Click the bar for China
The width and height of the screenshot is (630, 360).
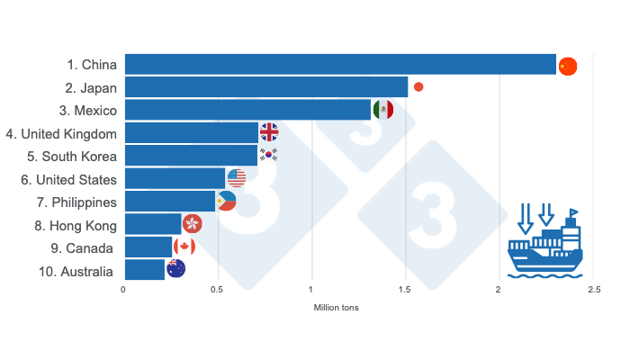[x=340, y=65]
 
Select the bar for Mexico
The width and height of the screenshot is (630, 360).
[x=247, y=110]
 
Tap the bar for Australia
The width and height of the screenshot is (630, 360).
[x=144, y=269]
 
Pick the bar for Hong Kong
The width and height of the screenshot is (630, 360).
[x=153, y=223]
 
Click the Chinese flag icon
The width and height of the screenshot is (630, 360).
[x=567, y=66]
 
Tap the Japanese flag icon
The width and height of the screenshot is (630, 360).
[x=418, y=87]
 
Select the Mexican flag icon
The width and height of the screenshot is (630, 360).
[x=382, y=110]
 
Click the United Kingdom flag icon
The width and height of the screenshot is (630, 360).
[x=269, y=132]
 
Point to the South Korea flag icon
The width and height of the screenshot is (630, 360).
[x=269, y=155]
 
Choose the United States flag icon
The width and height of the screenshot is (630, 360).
[x=237, y=177]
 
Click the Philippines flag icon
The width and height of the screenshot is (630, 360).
[x=227, y=201]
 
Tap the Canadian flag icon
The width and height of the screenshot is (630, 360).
[x=184, y=247]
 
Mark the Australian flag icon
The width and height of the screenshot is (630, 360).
[x=176, y=268]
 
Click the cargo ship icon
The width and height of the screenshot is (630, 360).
[x=544, y=242]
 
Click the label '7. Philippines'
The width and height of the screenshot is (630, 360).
[x=76, y=202]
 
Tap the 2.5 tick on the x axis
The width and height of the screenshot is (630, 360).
[x=593, y=290]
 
